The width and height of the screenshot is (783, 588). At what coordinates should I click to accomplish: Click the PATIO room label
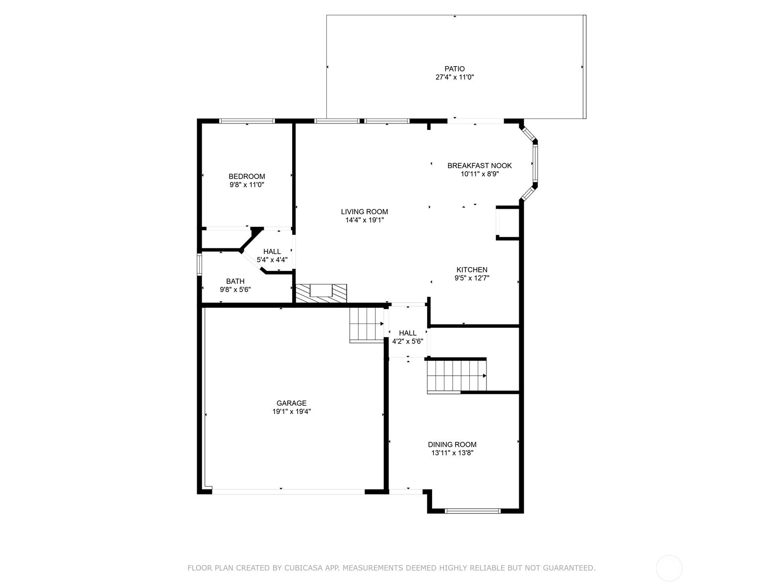point(455,69)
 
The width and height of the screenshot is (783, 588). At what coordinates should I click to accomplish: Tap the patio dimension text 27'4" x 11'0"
point(455,77)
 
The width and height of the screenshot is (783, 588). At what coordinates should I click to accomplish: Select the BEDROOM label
point(247,176)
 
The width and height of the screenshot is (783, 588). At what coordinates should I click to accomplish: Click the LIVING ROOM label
point(364,212)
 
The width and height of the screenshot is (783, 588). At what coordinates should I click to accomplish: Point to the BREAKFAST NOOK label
point(480,166)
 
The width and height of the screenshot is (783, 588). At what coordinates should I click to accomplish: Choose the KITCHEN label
point(472,270)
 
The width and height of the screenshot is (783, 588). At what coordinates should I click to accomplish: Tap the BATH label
point(235,281)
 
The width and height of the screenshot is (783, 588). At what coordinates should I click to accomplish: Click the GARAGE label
point(292,403)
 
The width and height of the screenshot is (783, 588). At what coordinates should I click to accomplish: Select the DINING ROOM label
point(452,444)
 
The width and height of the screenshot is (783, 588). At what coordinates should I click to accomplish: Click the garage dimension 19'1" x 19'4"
point(292,412)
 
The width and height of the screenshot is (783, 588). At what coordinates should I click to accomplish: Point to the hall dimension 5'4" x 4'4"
point(272,260)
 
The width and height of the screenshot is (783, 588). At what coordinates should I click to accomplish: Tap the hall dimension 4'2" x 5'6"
point(407,342)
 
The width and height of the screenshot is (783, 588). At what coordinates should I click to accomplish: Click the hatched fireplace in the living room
point(322,294)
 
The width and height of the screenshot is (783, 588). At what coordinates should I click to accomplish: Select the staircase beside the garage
point(367,324)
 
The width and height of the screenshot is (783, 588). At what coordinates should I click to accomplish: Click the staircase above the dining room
point(457,377)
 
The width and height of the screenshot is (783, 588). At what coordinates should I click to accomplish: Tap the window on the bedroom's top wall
point(247,121)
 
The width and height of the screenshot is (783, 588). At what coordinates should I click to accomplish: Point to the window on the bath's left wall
point(199,264)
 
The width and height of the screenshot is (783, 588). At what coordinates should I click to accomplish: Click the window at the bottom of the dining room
point(473,511)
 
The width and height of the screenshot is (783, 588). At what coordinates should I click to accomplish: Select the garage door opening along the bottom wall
point(288,491)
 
